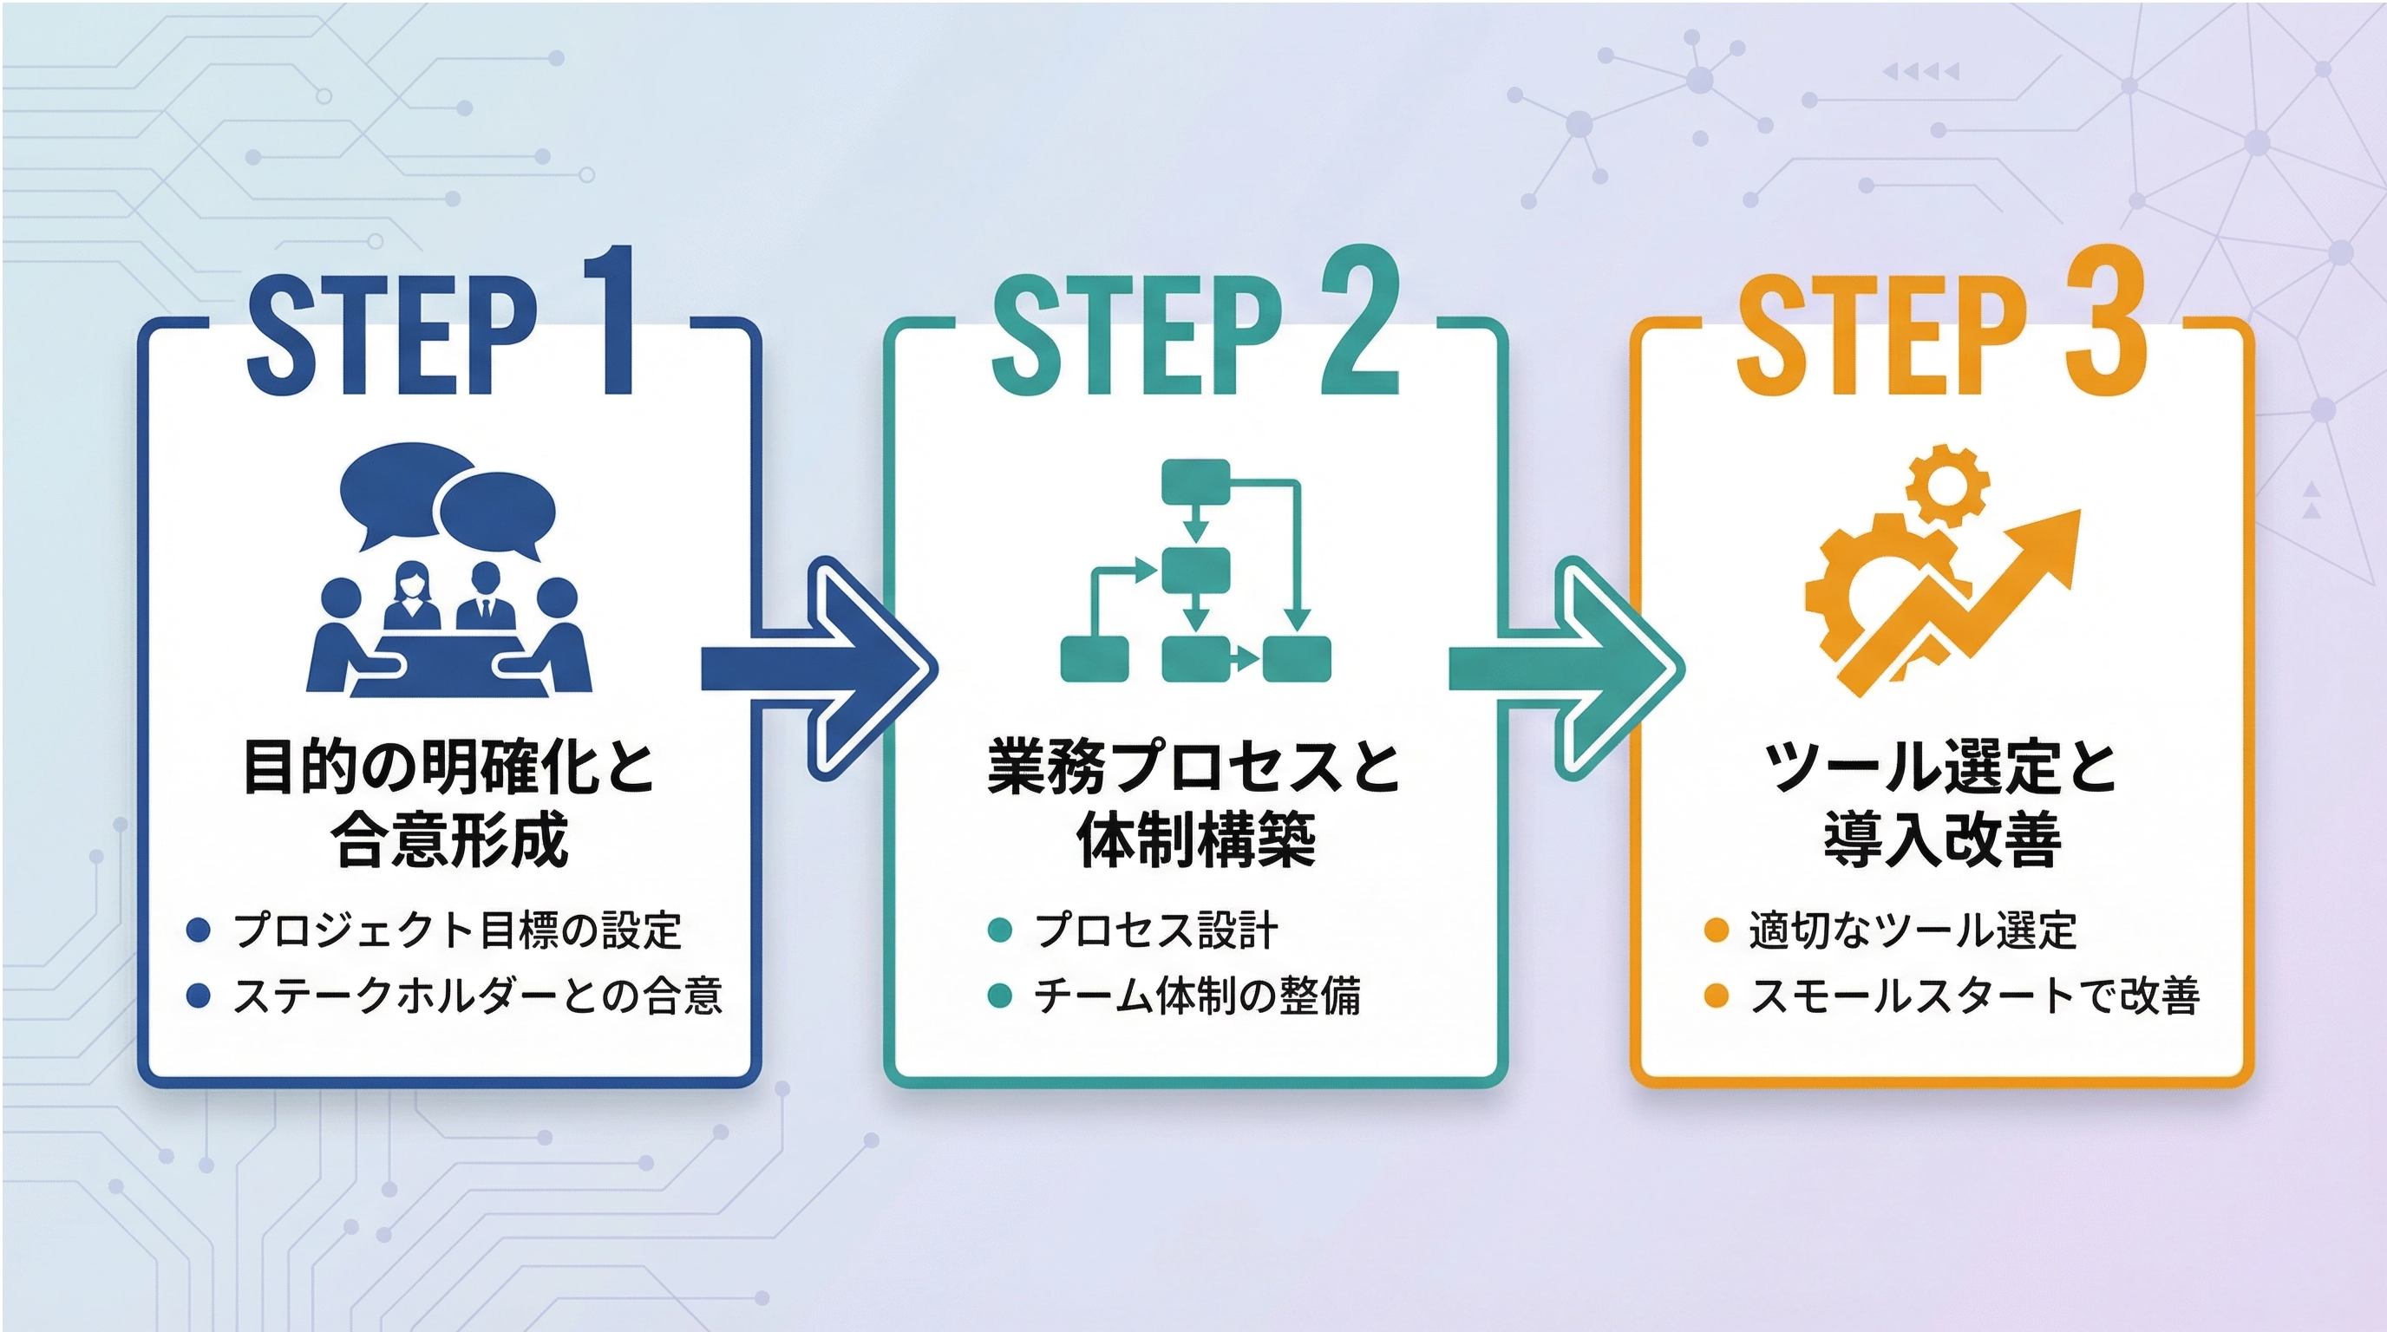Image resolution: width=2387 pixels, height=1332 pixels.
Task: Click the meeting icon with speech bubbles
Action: pyautogui.click(x=449, y=570)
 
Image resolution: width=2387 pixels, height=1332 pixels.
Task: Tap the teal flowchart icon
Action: pyautogui.click(x=1196, y=570)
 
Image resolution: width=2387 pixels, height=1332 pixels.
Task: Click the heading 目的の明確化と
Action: pyautogui.click(x=449, y=766)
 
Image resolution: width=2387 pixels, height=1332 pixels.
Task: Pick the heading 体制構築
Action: pyautogui.click(x=1196, y=840)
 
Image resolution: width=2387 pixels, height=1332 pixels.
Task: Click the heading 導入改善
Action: pyautogui.click(x=1943, y=840)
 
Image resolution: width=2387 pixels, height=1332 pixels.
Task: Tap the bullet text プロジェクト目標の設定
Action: pyautogui.click(x=458, y=930)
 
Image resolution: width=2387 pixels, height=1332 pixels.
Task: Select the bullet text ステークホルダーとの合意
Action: pyautogui.click(x=477, y=996)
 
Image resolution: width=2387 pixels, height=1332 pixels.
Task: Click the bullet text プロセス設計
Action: pyautogui.click(x=1155, y=930)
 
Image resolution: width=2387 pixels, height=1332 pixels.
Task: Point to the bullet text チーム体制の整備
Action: pyautogui.click(x=1196, y=996)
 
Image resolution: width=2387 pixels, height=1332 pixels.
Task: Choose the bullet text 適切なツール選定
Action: pyautogui.click(x=1913, y=930)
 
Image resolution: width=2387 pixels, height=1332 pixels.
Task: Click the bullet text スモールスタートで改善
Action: pyautogui.click(x=1975, y=996)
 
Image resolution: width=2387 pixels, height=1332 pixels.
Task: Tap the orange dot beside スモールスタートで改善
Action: pyautogui.click(x=1717, y=996)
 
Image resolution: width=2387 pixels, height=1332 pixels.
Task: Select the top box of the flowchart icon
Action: pyautogui.click(x=1195, y=481)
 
